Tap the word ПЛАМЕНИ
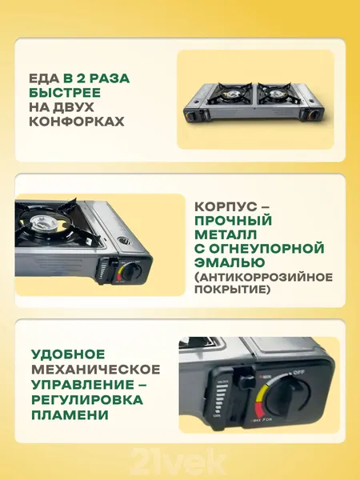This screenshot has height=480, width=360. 69,416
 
